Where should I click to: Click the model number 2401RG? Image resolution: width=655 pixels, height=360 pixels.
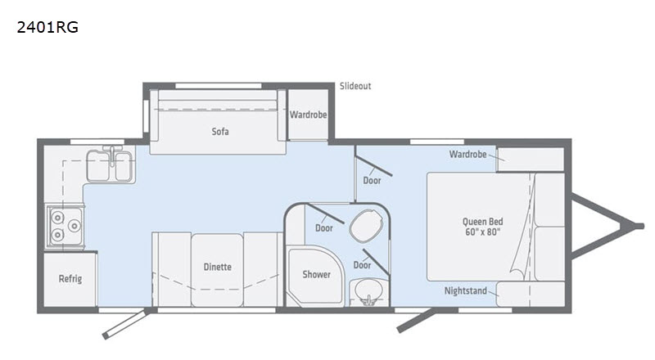pos(47,27)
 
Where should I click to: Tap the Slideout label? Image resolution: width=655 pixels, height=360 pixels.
pos(355,86)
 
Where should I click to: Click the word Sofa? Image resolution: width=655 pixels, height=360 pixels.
pos(220,132)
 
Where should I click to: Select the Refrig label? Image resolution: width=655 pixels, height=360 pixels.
pos(70,278)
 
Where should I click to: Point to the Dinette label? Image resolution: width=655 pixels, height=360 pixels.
pos(217,267)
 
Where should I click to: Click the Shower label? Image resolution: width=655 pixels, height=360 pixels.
pos(316,274)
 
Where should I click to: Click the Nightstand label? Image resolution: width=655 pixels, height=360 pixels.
pos(465,290)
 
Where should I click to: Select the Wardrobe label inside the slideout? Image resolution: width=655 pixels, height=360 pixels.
pos(309,115)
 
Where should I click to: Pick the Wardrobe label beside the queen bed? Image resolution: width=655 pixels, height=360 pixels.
pos(468,154)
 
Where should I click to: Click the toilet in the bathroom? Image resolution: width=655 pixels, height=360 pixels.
pos(366,225)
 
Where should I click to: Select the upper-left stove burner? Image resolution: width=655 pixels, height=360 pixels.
pos(57,217)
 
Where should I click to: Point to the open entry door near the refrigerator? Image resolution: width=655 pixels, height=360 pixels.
pos(124,324)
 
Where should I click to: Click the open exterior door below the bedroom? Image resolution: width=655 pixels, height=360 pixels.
pos(415,321)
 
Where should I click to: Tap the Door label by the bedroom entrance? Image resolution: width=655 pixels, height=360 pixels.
pos(372,181)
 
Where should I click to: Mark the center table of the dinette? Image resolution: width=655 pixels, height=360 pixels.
pos(217,270)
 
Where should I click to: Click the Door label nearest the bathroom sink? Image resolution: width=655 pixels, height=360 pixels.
pos(362,265)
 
